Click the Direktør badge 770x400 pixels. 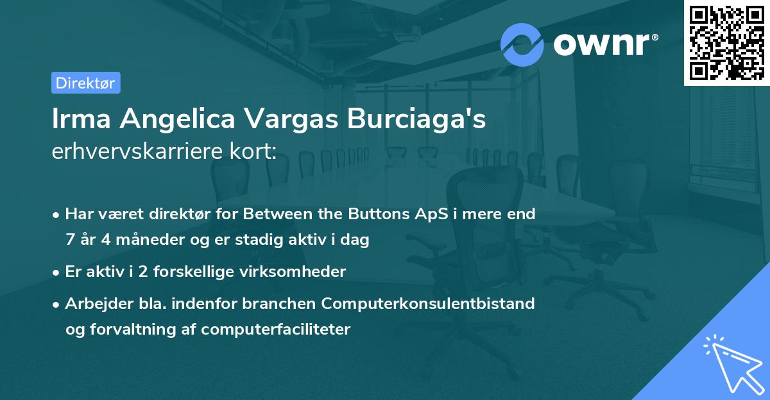coord(85,83)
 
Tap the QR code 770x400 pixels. coord(726,42)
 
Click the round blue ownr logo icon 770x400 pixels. coord(522,44)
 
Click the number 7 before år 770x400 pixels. coord(70,240)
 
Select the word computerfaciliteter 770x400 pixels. coord(276,329)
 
